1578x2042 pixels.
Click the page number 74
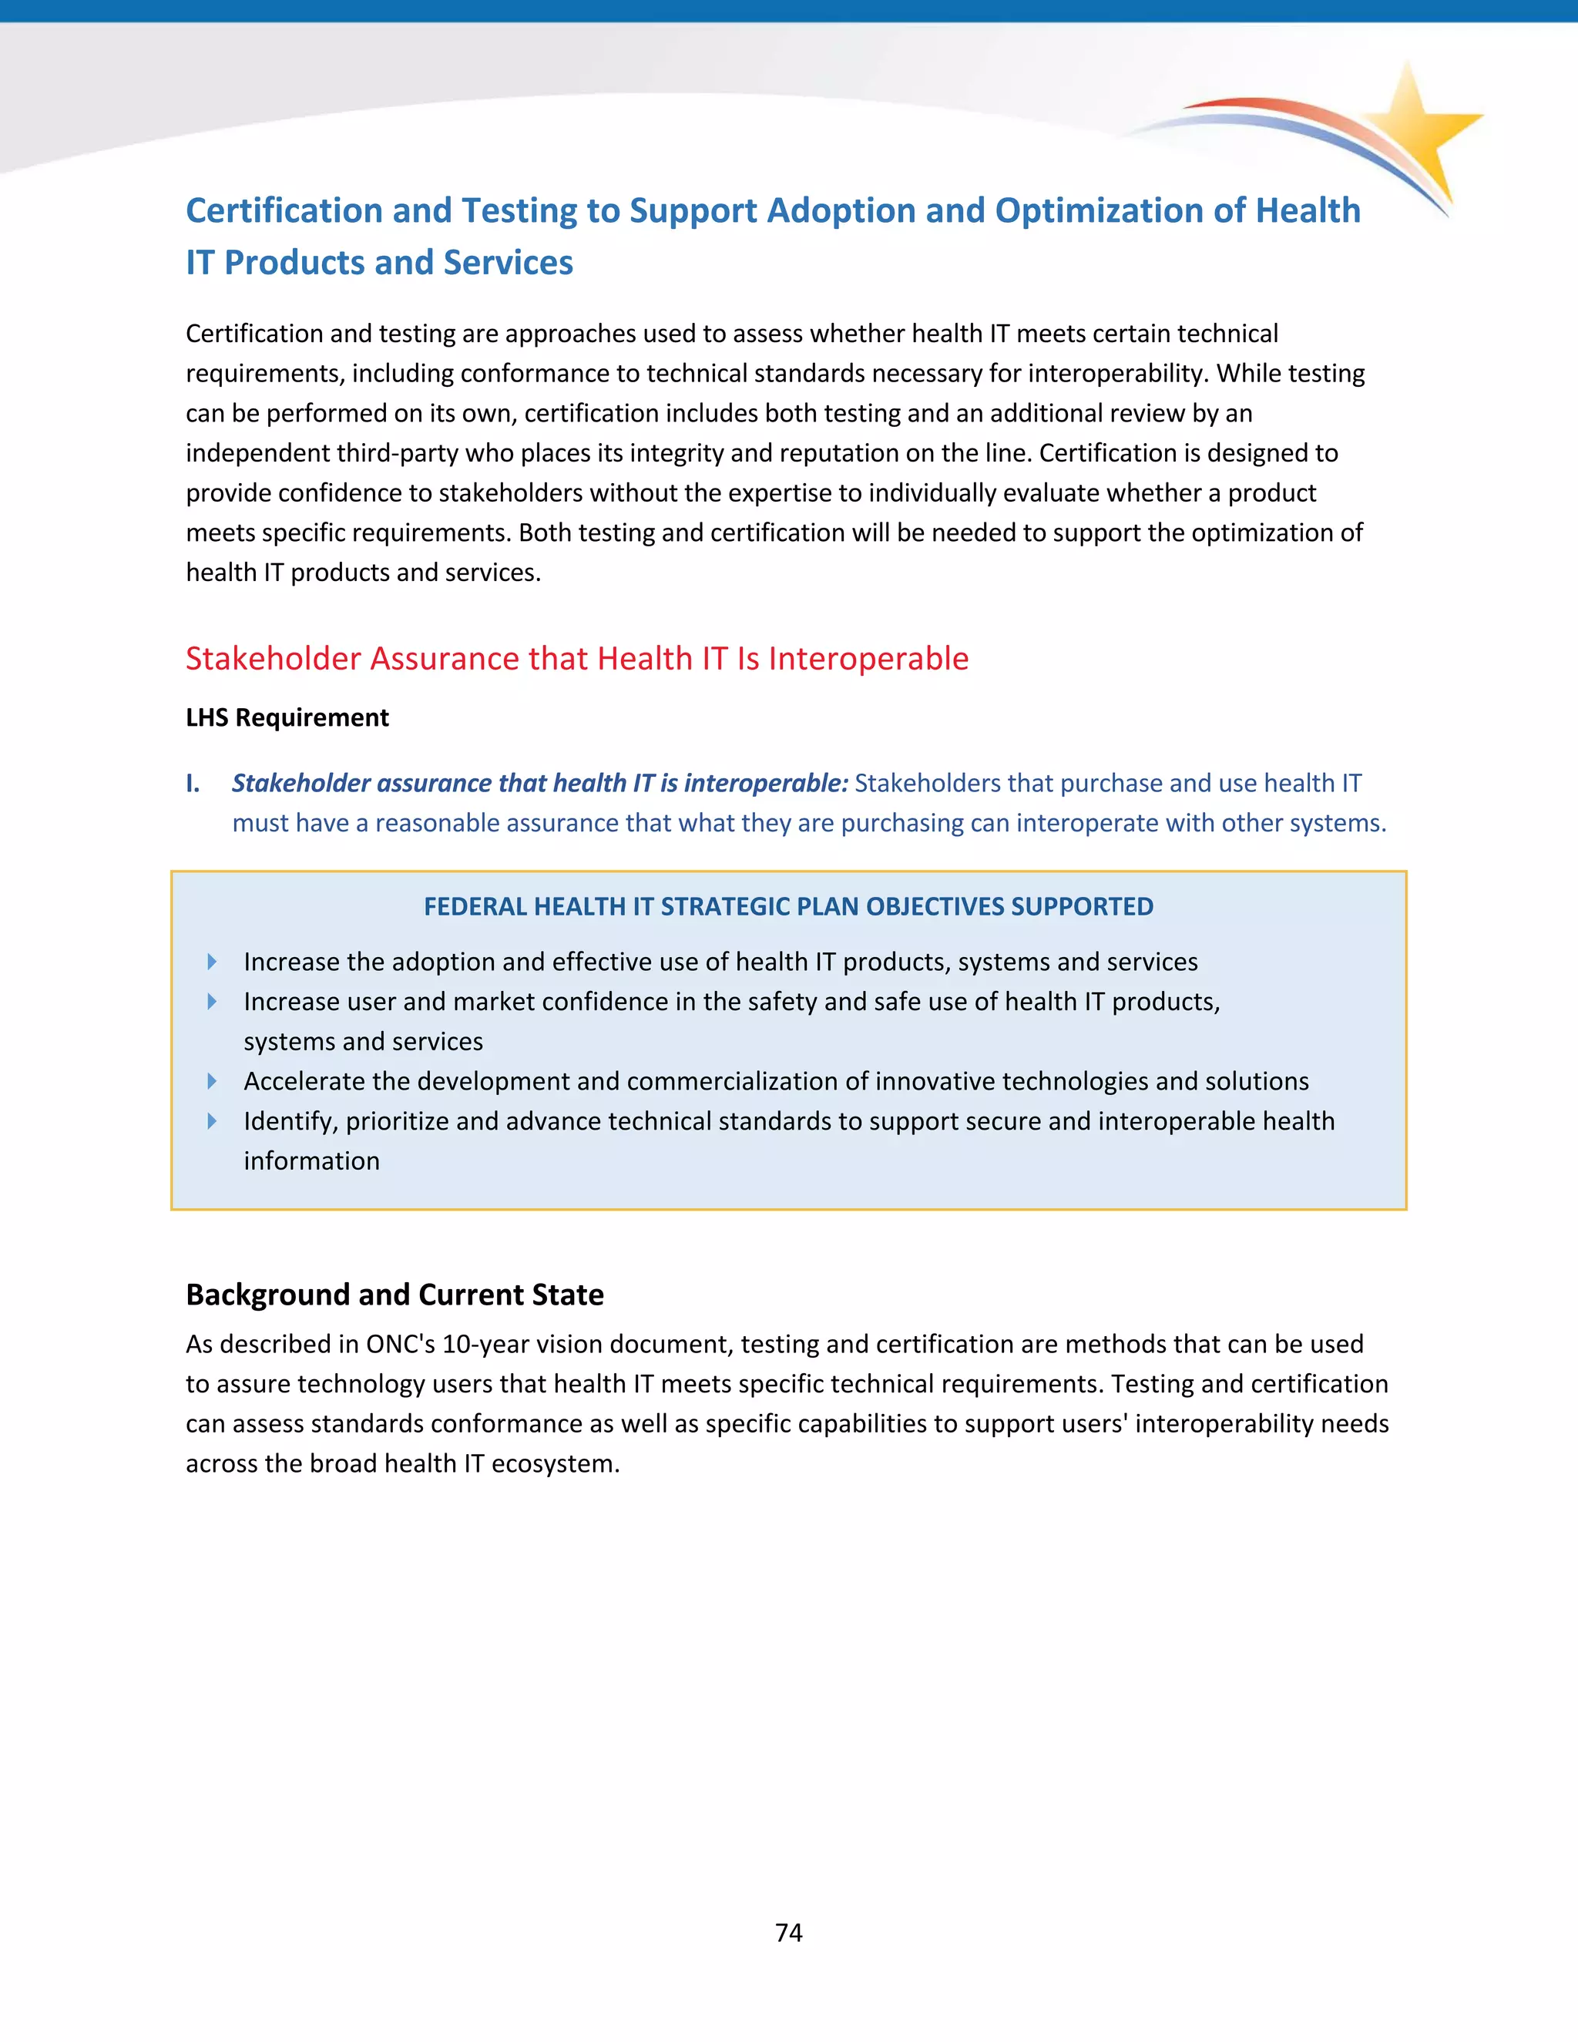(788, 1932)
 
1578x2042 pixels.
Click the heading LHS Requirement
(287, 717)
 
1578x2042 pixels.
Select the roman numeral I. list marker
(193, 783)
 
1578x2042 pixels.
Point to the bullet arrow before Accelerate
(212, 1081)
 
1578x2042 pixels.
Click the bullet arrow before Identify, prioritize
(212, 1120)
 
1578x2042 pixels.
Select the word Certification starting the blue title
(284, 210)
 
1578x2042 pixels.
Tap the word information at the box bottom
(311, 1160)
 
